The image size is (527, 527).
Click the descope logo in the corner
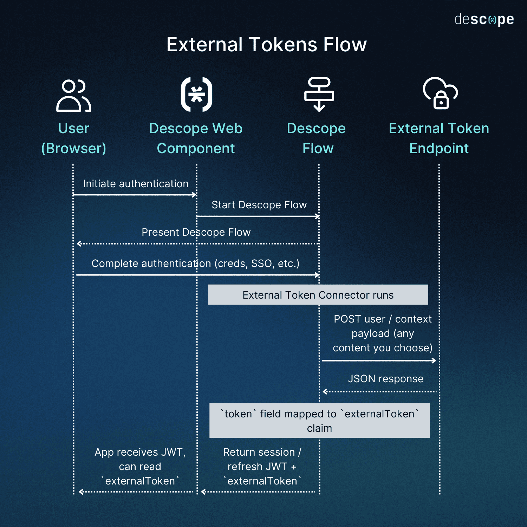pyautogui.click(x=484, y=20)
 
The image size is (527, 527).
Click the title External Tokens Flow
pyautogui.click(x=266, y=45)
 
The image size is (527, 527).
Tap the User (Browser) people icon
pyautogui.click(x=73, y=96)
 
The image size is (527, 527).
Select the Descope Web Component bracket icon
pyautogui.click(x=196, y=94)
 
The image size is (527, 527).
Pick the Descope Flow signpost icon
pyautogui.click(x=319, y=94)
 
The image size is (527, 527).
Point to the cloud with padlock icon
pyautogui.click(x=440, y=93)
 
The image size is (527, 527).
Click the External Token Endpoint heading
pyautogui.click(x=439, y=138)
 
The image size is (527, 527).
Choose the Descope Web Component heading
pyautogui.click(x=196, y=138)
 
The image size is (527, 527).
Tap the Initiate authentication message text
pyautogui.click(x=136, y=184)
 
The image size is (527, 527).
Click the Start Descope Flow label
pyautogui.click(x=259, y=205)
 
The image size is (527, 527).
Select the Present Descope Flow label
pyautogui.click(x=196, y=232)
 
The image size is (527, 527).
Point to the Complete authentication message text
pyautogui.click(x=195, y=263)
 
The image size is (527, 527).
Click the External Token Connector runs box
pyautogui.click(x=318, y=295)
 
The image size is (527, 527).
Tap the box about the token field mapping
pyautogui.click(x=319, y=421)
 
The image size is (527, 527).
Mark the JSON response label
pyautogui.click(x=385, y=379)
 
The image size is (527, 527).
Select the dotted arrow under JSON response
pyautogui.click(x=379, y=391)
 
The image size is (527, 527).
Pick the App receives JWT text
pyautogui.click(x=140, y=466)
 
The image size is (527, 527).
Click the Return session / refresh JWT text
pyautogui.click(x=262, y=466)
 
